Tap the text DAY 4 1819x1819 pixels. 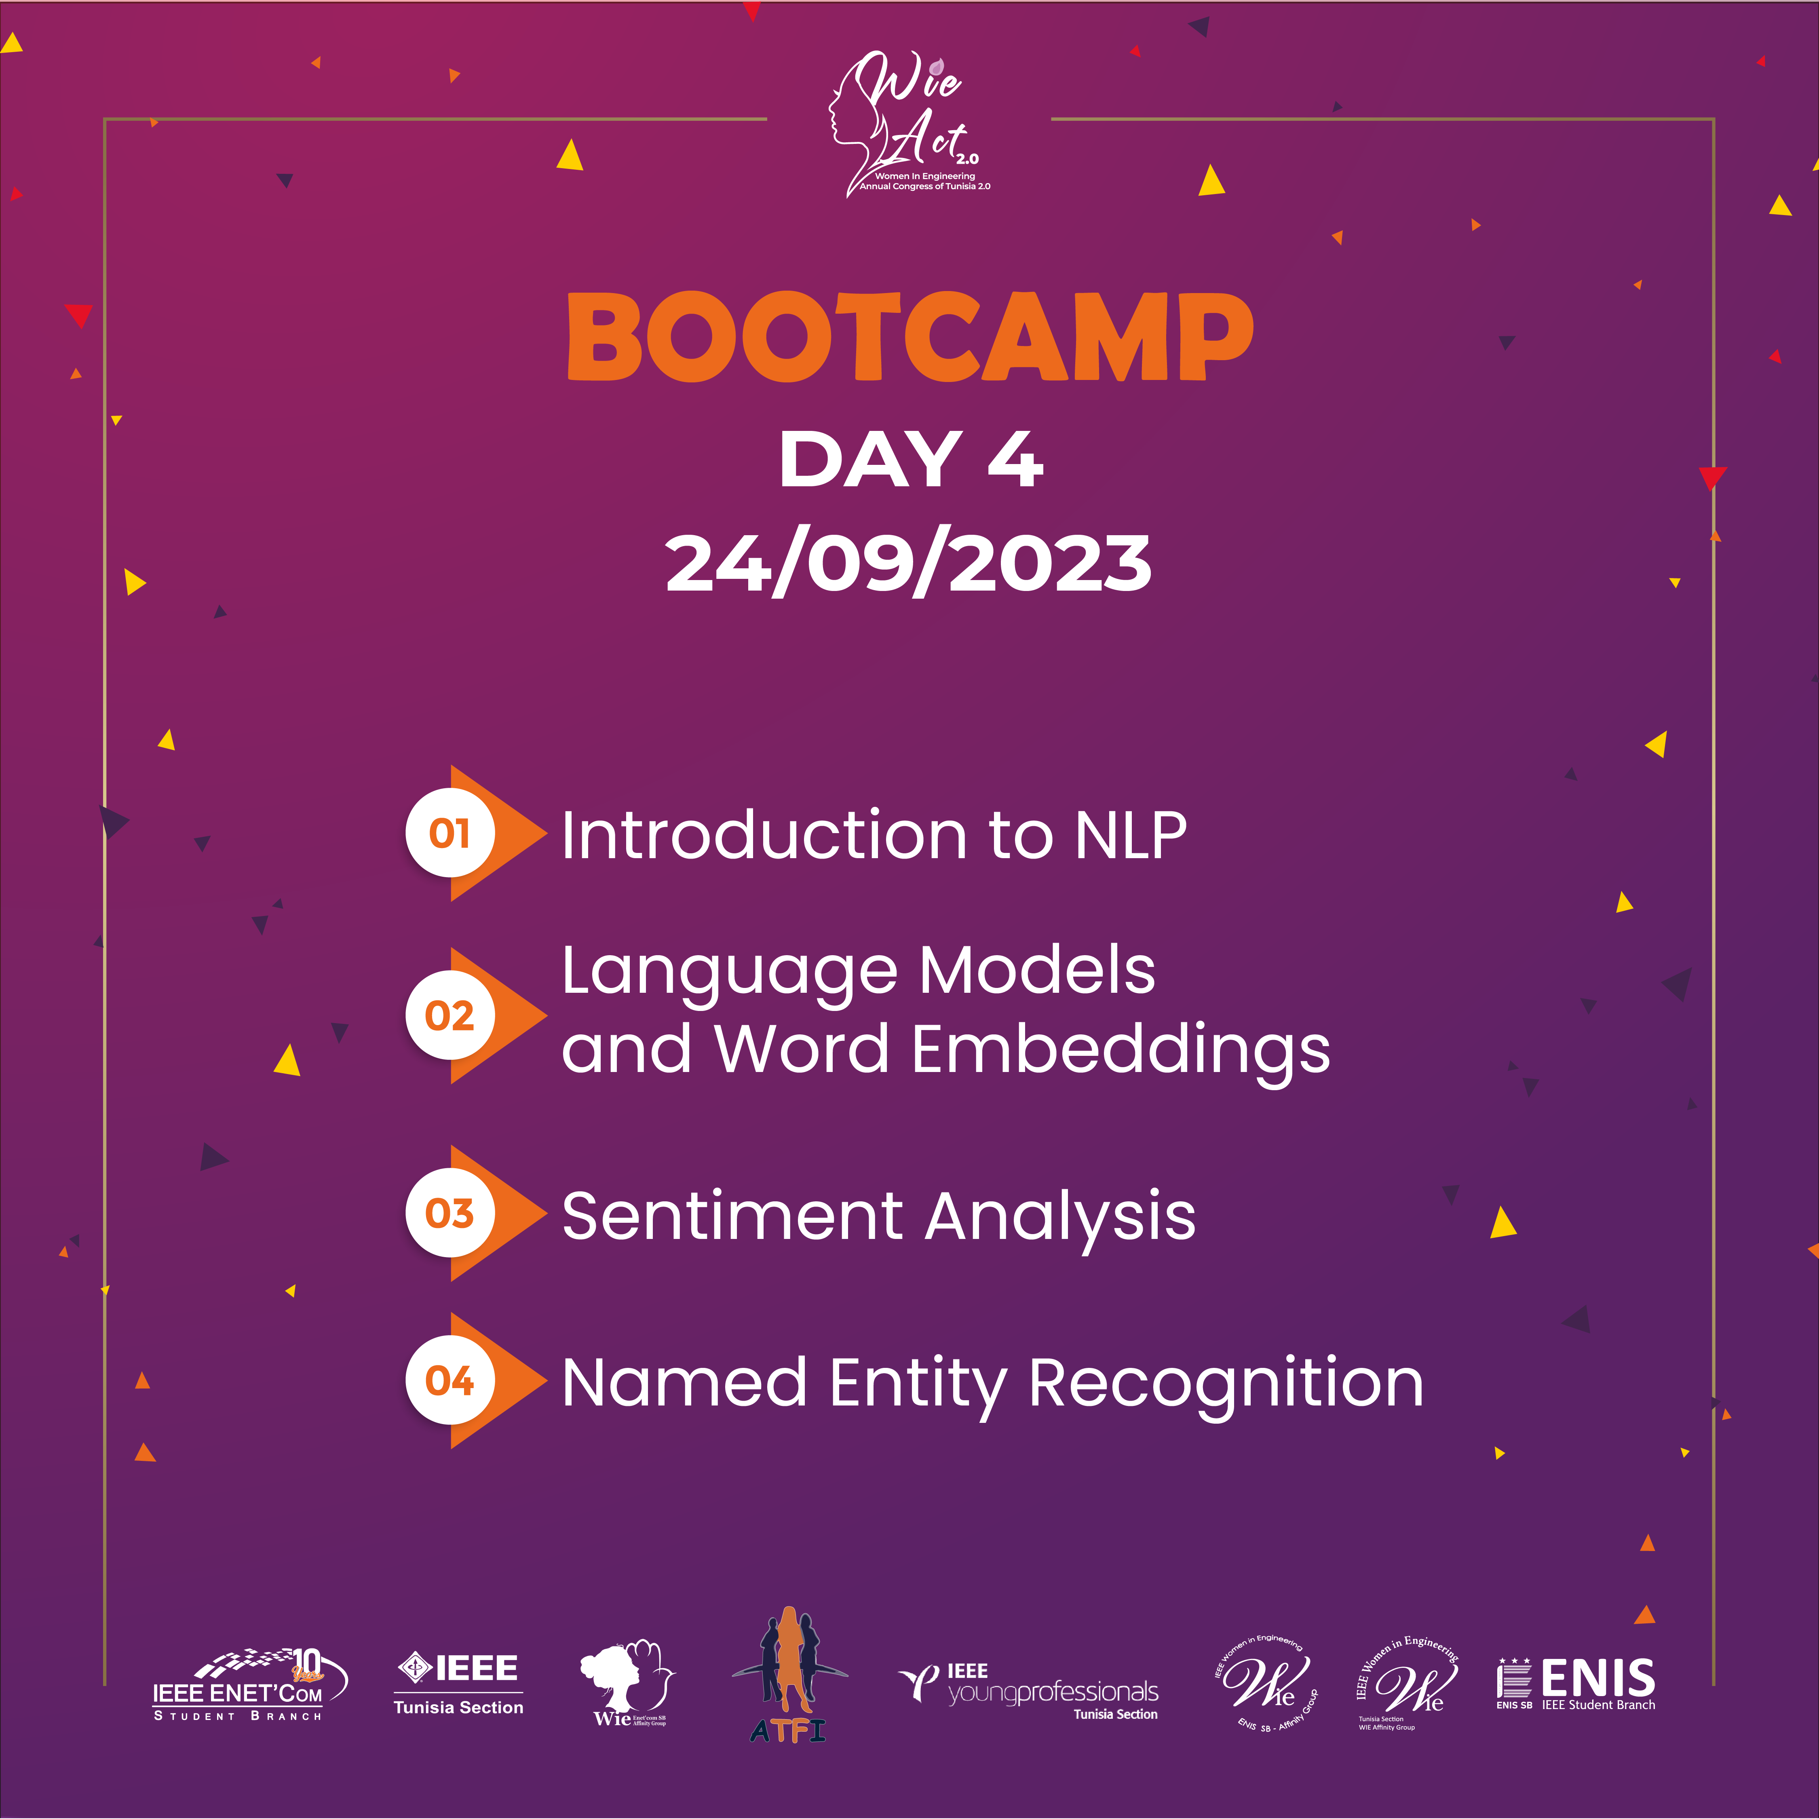click(909, 460)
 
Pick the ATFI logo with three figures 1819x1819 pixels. click(789, 1676)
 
